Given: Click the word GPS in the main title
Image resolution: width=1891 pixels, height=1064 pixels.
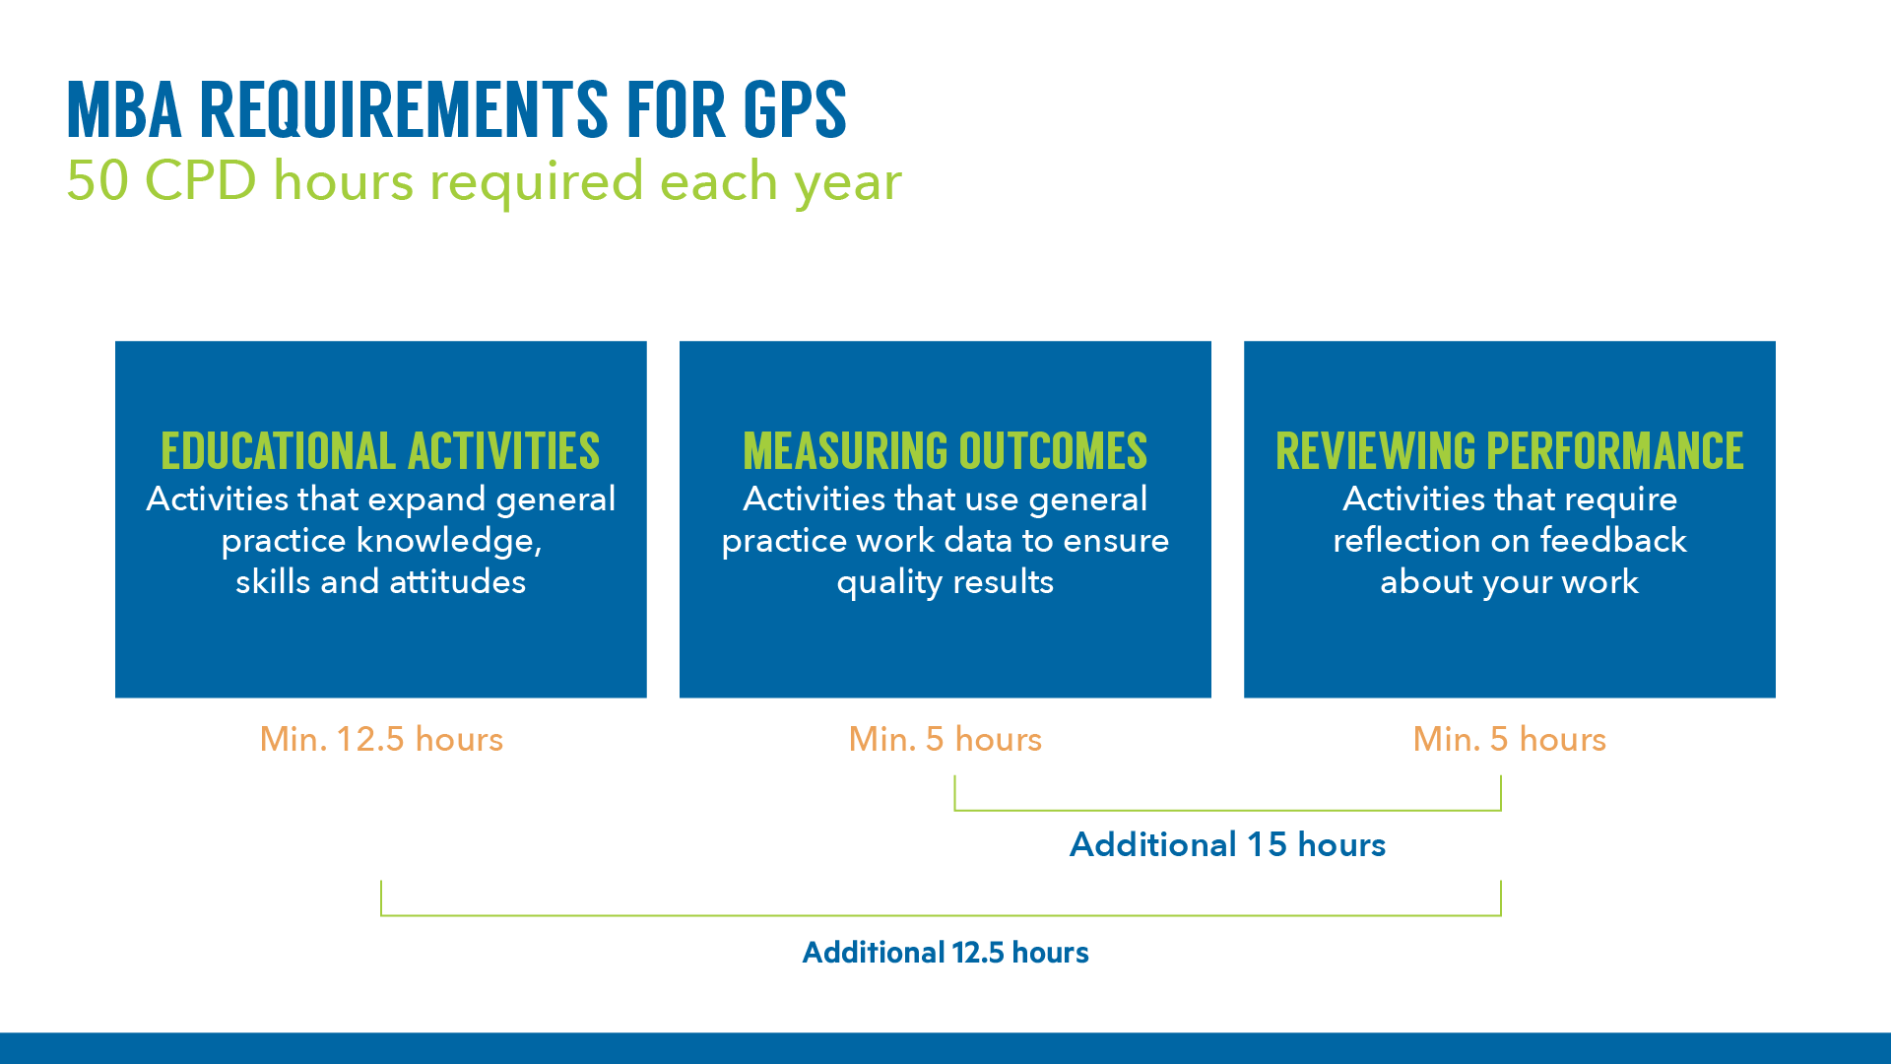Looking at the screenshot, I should (x=794, y=109).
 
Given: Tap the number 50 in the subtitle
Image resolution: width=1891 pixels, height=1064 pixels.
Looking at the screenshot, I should (x=97, y=181).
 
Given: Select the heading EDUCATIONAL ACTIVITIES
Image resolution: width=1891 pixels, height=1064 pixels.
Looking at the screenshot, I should (x=380, y=451).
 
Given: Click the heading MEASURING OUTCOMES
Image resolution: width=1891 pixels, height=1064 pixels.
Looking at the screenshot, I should (x=945, y=451).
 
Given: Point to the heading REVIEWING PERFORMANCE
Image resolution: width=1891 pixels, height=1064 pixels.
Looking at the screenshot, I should (x=1509, y=451).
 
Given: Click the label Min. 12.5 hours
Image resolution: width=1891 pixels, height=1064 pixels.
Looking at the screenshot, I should (x=381, y=739).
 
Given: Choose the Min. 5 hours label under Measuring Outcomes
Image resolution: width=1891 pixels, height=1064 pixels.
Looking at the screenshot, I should (x=945, y=739).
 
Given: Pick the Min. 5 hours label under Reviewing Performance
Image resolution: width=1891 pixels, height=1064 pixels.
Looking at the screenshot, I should (x=1509, y=739).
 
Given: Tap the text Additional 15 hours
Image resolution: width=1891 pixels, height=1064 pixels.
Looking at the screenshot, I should (x=1227, y=844).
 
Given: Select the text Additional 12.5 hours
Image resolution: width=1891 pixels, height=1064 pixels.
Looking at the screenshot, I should (x=945, y=952).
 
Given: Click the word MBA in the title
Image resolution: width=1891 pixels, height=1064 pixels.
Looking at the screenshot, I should (x=124, y=109).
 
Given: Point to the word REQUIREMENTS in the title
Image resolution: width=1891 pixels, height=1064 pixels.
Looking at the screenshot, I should (x=404, y=109).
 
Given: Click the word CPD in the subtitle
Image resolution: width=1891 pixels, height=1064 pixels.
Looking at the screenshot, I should (x=200, y=181).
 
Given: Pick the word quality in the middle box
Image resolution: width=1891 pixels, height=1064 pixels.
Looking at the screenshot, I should (x=889, y=583).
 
